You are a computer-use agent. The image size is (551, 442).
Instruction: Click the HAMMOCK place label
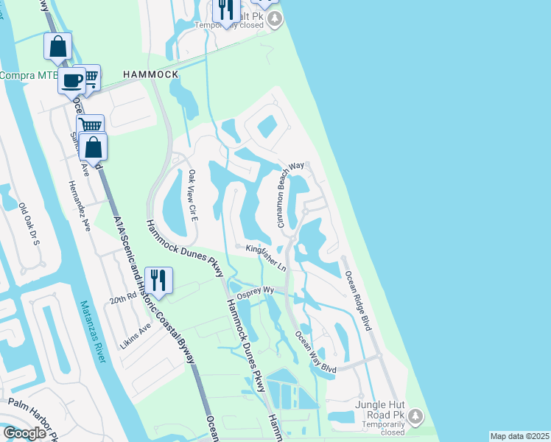tap(150, 75)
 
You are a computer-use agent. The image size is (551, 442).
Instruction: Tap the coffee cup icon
tap(71, 81)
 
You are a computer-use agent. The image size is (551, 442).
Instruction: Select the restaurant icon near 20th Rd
tap(158, 280)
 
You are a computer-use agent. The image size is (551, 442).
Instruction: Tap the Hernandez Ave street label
tap(78, 206)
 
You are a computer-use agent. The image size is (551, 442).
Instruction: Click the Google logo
tap(24, 433)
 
